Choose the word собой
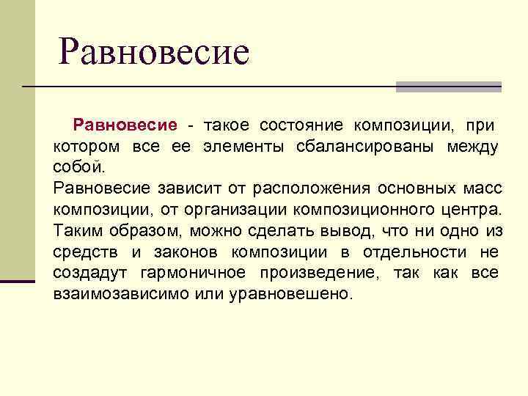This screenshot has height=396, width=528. point(76,167)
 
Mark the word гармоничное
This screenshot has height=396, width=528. point(199,274)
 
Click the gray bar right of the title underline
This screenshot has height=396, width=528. point(448,87)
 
